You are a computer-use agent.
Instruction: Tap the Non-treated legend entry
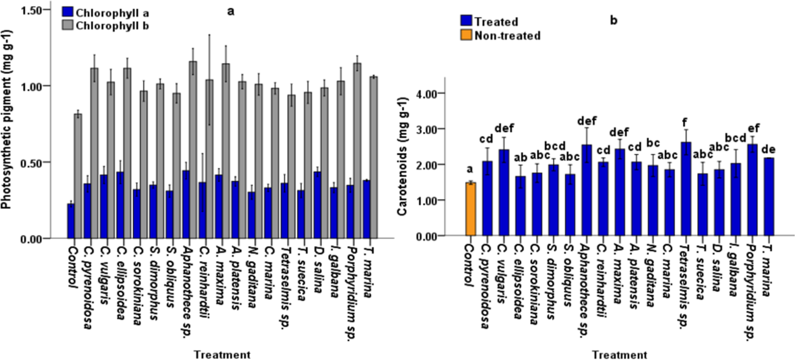tap(501, 36)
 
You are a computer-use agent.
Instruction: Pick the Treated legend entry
tap(489, 22)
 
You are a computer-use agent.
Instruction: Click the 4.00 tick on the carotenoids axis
tap(434, 93)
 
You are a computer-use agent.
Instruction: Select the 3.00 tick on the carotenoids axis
tap(434, 129)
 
